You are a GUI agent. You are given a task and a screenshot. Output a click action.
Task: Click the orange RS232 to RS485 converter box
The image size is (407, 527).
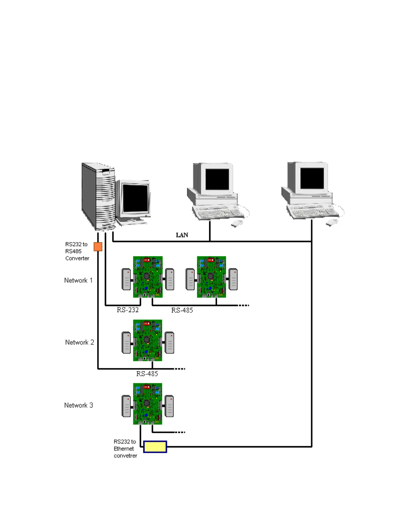pyautogui.click(x=98, y=247)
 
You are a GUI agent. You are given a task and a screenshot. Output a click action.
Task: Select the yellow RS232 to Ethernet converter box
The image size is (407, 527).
pyautogui.click(x=155, y=446)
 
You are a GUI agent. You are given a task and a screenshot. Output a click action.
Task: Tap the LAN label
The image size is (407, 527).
pyautogui.click(x=182, y=235)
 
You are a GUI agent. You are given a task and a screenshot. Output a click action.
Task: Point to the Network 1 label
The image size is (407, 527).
pyautogui.click(x=78, y=280)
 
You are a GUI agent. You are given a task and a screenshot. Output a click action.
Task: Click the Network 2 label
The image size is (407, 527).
pyautogui.click(x=79, y=342)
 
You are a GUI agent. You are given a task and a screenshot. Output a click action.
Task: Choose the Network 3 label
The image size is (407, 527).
pyautogui.click(x=78, y=405)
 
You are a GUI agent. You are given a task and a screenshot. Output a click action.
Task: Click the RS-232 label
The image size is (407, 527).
pyautogui.click(x=128, y=310)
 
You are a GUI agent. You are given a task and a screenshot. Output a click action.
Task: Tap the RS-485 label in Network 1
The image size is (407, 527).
pyautogui.click(x=182, y=310)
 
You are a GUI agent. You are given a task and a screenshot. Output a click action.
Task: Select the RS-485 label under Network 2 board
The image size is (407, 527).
pyautogui.click(x=147, y=374)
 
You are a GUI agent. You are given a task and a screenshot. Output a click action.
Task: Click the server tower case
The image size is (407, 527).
pyautogui.click(x=98, y=196)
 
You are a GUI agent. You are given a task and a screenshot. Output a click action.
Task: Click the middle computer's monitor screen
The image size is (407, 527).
pyautogui.click(x=217, y=179)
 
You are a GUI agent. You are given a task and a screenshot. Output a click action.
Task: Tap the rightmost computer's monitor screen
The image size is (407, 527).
pyautogui.click(x=312, y=179)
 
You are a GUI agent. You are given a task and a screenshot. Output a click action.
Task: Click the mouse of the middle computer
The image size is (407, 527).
pyautogui.click(x=237, y=223)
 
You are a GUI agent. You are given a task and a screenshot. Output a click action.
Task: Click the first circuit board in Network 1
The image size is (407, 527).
pyautogui.click(x=148, y=277)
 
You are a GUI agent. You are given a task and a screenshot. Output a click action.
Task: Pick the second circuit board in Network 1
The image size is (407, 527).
pyautogui.click(x=211, y=277)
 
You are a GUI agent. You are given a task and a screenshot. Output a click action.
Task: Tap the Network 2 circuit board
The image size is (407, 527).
pyautogui.click(x=148, y=340)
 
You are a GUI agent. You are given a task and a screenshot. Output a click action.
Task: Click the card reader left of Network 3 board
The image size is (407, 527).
pyautogui.click(x=126, y=406)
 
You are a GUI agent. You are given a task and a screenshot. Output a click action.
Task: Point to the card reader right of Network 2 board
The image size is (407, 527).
pyautogui.click(x=170, y=342)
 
